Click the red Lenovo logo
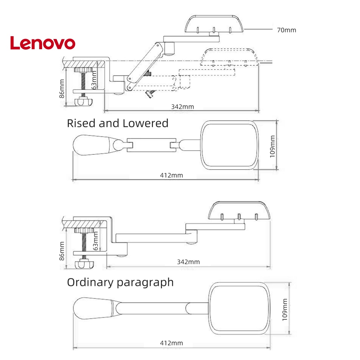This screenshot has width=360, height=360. tap(43, 43)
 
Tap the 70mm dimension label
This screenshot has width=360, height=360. tap(287, 30)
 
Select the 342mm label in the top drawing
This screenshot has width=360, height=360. tap(182, 107)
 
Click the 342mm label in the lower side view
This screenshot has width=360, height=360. tap(188, 262)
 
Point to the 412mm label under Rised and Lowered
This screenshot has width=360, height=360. tap(172, 175)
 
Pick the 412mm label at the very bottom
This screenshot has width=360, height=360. tap(172, 343)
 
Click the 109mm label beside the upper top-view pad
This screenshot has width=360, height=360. tap(272, 147)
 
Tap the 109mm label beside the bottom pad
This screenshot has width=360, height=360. tap(285, 310)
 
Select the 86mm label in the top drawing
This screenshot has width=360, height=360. tap(62, 89)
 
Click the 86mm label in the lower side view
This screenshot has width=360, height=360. tap(62, 251)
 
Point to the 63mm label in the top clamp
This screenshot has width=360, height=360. tap(94, 80)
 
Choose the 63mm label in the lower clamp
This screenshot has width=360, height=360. tap(95, 241)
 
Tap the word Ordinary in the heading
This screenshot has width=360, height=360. tap(90, 283)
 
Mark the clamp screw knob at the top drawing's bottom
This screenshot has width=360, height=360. tap(84, 101)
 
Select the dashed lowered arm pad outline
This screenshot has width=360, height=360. tap(230, 57)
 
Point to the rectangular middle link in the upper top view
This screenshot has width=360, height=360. tap(152, 145)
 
